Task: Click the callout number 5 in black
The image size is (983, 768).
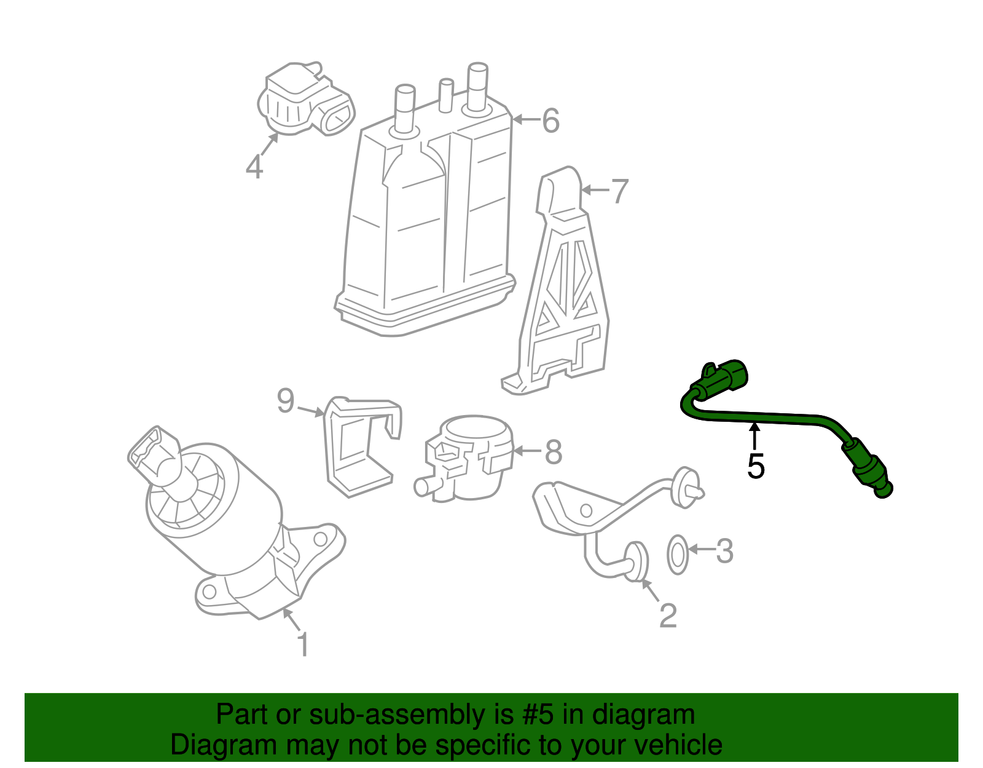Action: point(756,466)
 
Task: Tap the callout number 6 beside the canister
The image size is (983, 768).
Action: point(550,121)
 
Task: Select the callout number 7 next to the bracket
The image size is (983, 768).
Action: point(619,191)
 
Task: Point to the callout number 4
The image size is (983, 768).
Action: point(254,166)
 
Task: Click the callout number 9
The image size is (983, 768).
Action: point(286,401)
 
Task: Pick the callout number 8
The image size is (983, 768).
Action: point(553,452)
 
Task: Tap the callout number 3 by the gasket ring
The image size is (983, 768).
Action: point(724,551)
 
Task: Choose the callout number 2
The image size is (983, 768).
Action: point(667,616)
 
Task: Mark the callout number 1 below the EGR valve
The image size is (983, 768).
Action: point(302,644)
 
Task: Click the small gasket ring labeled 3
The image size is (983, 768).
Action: point(677,555)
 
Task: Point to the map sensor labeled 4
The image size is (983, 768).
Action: point(304,100)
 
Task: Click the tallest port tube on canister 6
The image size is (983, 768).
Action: point(477,86)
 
